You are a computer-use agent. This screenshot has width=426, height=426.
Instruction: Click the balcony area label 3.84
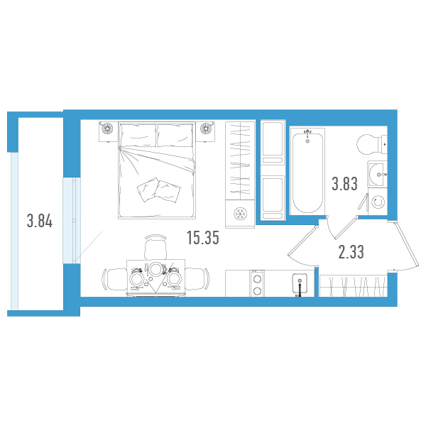40,221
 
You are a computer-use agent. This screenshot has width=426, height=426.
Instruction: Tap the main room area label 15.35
203,238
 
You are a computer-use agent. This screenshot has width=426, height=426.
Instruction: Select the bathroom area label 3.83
344,184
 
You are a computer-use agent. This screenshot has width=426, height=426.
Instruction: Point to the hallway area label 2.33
351,252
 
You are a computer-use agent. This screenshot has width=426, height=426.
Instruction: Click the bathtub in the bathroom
307,171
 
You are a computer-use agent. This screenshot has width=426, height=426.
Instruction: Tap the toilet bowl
371,144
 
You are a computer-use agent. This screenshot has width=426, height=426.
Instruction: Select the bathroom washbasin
377,174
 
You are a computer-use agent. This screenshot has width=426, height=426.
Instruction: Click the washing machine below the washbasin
378,202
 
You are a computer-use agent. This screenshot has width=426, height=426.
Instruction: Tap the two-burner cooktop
257,283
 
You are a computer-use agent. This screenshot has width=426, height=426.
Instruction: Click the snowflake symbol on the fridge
240,214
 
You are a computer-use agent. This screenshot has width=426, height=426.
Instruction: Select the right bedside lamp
206,128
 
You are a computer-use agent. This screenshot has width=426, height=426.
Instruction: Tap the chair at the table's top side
155,246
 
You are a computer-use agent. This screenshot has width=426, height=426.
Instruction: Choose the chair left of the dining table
115,279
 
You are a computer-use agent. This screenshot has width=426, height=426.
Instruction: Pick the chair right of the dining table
197,279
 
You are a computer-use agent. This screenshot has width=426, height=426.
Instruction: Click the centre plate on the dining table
155,270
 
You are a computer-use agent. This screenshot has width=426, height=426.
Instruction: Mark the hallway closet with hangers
353,286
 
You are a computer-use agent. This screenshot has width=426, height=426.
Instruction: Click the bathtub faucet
307,134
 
